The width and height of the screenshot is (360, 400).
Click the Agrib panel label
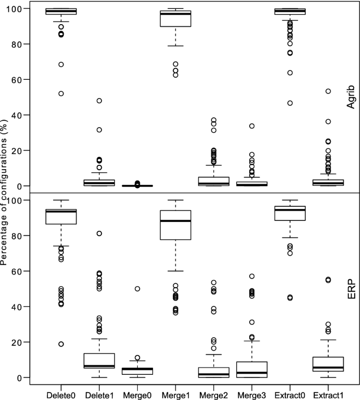351,98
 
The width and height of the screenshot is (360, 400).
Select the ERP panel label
351,290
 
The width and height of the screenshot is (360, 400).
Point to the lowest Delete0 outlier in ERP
61,344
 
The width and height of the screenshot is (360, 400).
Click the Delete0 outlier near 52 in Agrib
61,93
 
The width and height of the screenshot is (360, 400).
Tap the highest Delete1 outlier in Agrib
100,101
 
